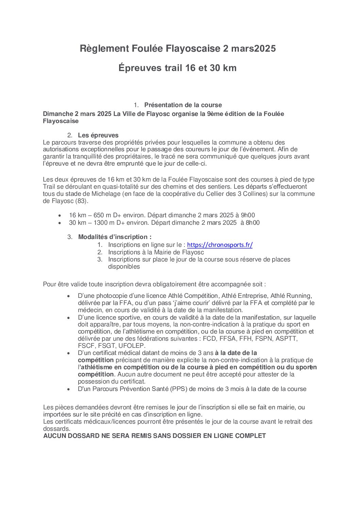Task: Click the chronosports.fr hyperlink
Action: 220,245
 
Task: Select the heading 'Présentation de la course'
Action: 183,105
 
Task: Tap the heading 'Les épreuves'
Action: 98,135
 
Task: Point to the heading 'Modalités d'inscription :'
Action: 115,237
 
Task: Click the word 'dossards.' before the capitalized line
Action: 56,429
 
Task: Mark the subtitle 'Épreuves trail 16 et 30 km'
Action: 177,68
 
